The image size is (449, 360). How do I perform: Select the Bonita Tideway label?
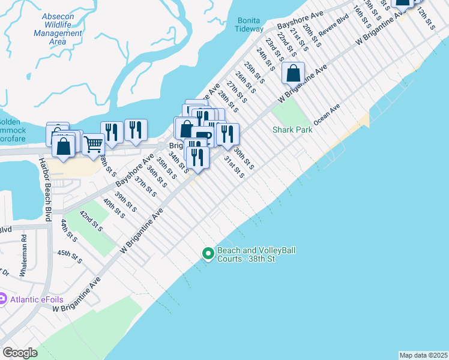[x=249, y=25]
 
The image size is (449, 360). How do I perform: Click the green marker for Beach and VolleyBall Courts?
[x=208, y=254]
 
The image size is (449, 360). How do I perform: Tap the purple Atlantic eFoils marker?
[x=2, y=298]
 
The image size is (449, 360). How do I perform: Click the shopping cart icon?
[x=92, y=144]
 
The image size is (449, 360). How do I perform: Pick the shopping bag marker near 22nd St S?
[x=293, y=74]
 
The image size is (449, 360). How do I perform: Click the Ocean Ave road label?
[x=327, y=113]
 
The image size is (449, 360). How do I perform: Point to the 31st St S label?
[x=234, y=167]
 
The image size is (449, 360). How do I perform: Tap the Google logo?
[x=20, y=353]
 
